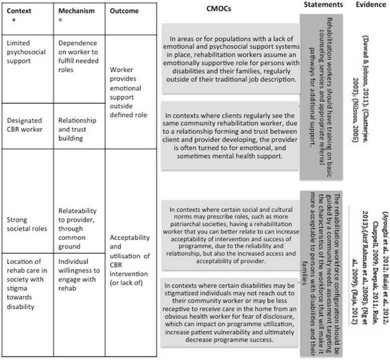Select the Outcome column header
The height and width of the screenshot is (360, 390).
point(124,11)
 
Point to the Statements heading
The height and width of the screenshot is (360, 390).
point(323,5)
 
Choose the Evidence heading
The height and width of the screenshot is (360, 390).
point(371,5)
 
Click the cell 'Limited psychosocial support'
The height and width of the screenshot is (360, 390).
point(26,52)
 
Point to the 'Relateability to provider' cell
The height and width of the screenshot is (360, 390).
point(78,229)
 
